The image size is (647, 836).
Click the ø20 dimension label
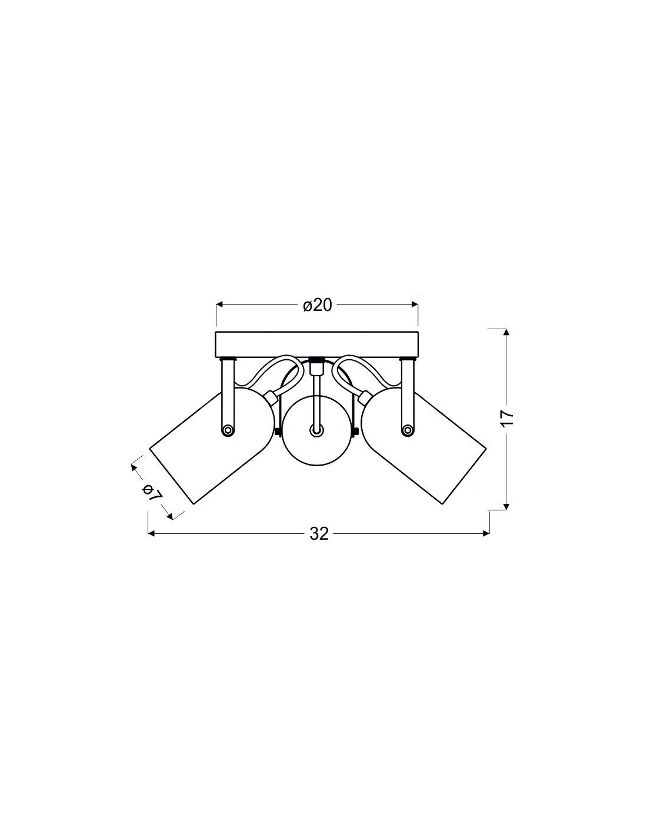tap(317, 305)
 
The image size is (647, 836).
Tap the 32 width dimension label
tap(319, 534)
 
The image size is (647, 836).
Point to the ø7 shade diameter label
tap(151, 493)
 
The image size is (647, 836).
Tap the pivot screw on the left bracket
tap(228, 430)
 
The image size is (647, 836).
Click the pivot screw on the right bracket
tap(406, 430)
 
